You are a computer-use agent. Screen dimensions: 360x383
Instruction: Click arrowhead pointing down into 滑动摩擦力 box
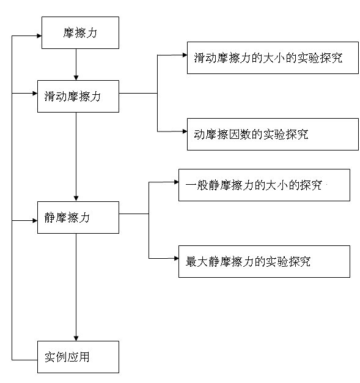pos(76,78)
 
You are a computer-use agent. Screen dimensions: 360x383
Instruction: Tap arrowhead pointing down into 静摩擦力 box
pos(76,199)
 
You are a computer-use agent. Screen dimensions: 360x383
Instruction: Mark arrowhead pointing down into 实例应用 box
pos(76,338)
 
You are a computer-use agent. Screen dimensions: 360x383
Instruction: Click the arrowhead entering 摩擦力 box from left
pos(39,36)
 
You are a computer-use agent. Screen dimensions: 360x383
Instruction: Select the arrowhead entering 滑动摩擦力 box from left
pos(35,94)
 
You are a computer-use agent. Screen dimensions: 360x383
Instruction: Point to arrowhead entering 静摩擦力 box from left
pos(35,221)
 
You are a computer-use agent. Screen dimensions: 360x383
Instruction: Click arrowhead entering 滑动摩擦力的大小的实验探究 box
pos(185,55)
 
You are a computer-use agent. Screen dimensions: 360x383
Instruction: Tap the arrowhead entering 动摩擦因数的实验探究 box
pos(185,132)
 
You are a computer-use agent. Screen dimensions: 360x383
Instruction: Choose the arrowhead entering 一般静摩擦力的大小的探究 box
pos(176,182)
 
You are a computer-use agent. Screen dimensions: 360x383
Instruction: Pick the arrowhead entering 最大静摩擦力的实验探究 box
pos(176,258)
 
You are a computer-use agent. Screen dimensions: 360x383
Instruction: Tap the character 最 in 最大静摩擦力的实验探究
pos(191,262)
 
